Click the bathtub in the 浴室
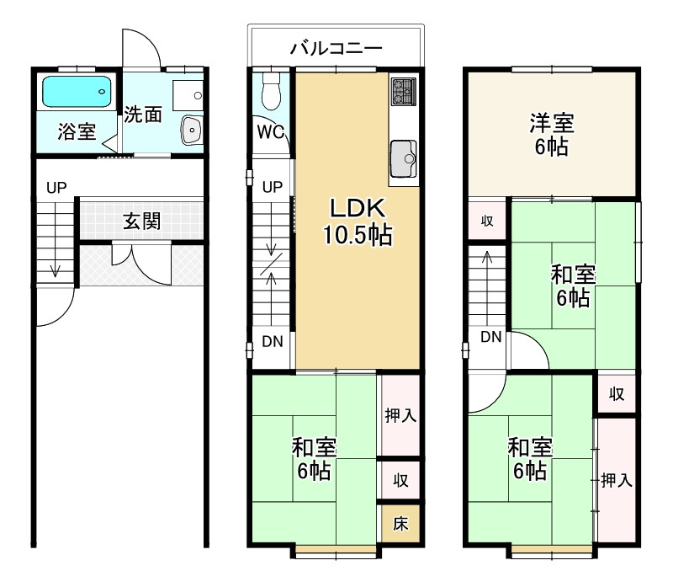click(77, 92)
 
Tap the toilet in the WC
click(270, 90)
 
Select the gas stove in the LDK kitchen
click(404, 91)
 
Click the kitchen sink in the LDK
click(404, 158)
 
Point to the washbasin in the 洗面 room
click(192, 130)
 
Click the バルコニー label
click(336, 48)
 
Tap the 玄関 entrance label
click(142, 221)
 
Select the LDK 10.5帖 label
click(357, 221)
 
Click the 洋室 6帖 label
click(552, 135)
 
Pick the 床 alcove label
click(400, 524)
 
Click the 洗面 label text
click(143, 115)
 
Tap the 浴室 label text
click(77, 131)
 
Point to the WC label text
click(270, 132)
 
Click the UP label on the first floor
click(56, 188)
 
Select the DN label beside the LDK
click(273, 342)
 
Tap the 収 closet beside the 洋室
click(487, 221)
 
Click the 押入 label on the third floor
click(617, 480)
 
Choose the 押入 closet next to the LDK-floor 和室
click(400, 415)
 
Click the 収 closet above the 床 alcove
click(400, 480)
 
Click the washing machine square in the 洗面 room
click(188, 95)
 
